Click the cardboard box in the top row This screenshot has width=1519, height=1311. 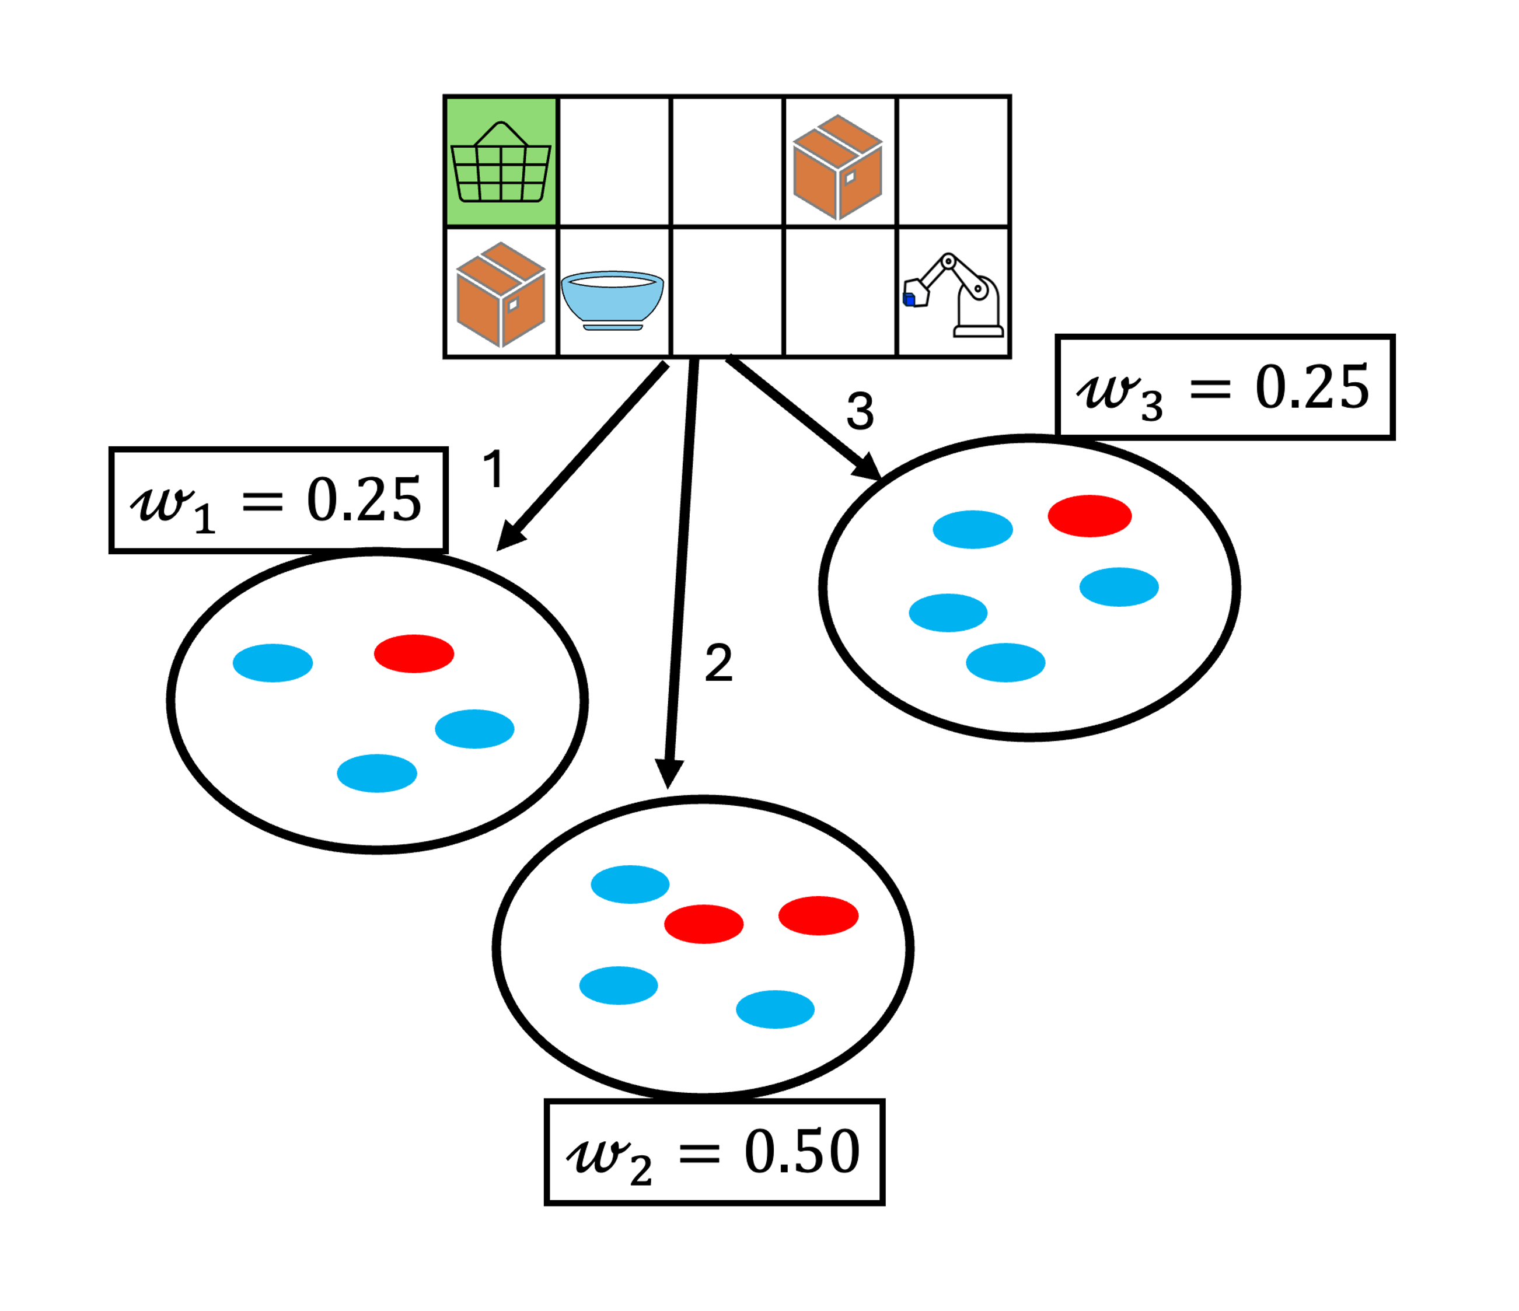click(x=838, y=166)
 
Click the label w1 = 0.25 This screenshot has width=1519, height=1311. click(x=278, y=501)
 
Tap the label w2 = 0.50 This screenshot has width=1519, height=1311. click(x=714, y=1153)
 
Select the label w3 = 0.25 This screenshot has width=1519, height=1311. click(x=1224, y=387)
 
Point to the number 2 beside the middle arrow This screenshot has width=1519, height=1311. click(x=718, y=663)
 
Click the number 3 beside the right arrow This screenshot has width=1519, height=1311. click(x=860, y=411)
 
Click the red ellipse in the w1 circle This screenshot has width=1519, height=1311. click(x=414, y=653)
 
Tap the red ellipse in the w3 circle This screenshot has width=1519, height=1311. click(x=1090, y=516)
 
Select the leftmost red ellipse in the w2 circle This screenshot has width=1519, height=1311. click(x=704, y=924)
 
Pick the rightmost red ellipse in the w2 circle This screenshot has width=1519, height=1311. click(x=818, y=915)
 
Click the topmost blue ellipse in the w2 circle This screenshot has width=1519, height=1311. click(x=630, y=884)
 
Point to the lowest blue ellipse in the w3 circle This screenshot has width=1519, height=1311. click(x=1005, y=662)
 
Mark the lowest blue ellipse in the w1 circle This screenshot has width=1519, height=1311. click(x=377, y=773)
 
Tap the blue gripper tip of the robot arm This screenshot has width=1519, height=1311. click(x=909, y=299)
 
